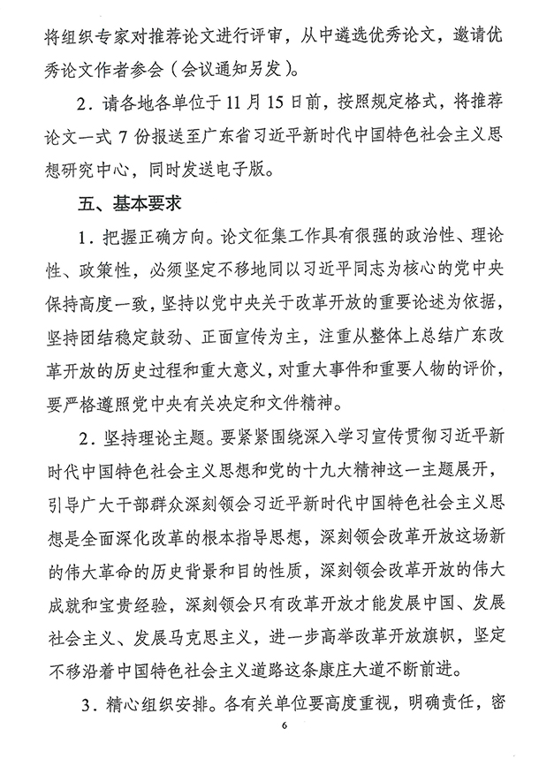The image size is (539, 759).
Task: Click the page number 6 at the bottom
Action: [285, 725]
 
